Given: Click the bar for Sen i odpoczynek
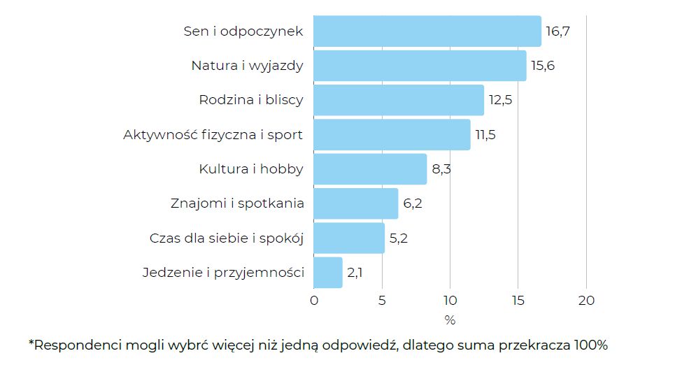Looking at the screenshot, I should click(x=427, y=31).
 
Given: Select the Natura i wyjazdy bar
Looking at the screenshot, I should click(x=420, y=66).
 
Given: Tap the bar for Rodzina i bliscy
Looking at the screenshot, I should click(x=399, y=100).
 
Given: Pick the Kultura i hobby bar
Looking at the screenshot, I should click(x=370, y=169).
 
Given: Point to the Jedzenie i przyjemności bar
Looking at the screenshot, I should click(x=328, y=273).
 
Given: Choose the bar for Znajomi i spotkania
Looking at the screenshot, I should click(x=355, y=203).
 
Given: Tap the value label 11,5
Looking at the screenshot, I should click(x=485, y=135).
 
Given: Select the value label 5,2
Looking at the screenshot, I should click(x=399, y=238).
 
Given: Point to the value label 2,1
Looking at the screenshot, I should click(x=355, y=273).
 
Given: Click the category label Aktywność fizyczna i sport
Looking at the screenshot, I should click(x=213, y=135).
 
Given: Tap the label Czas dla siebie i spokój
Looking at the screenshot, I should click(x=227, y=238).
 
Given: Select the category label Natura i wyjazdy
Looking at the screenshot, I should click(x=247, y=66).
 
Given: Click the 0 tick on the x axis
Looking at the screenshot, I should click(x=313, y=301).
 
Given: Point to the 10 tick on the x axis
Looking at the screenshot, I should click(x=450, y=301).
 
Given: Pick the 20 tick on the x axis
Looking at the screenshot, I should click(x=586, y=301).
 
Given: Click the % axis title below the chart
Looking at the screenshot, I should click(x=450, y=320).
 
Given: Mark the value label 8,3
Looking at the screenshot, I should click(x=441, y=169).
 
